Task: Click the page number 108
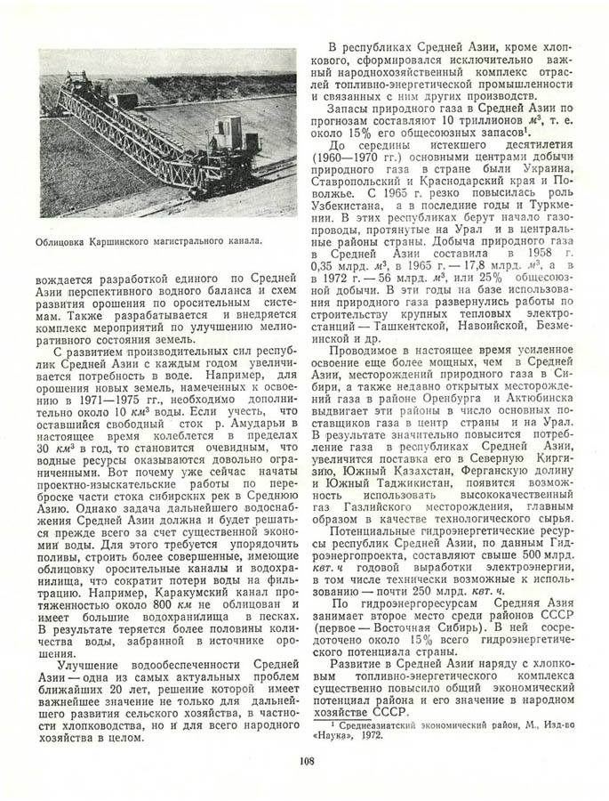(x=304, y=759)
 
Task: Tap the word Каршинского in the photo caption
(x=128, y=240)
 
